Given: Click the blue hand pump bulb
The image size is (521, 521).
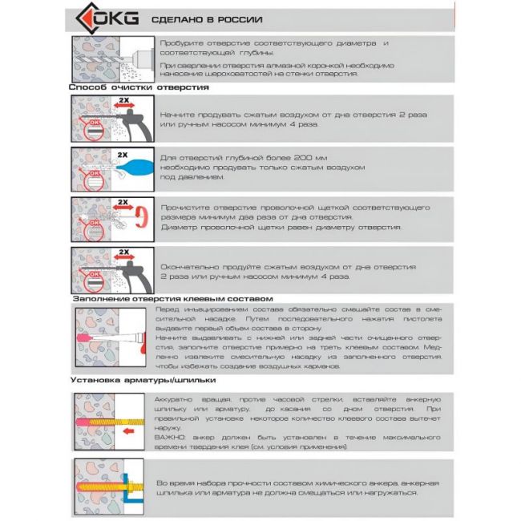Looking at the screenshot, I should pyautogui.click(x=133, y=169).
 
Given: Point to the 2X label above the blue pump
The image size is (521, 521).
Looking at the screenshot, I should pyautogui.click(x=123, y=153).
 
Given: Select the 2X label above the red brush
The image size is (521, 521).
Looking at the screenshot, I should pyautogui.click(x=123, y=203).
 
